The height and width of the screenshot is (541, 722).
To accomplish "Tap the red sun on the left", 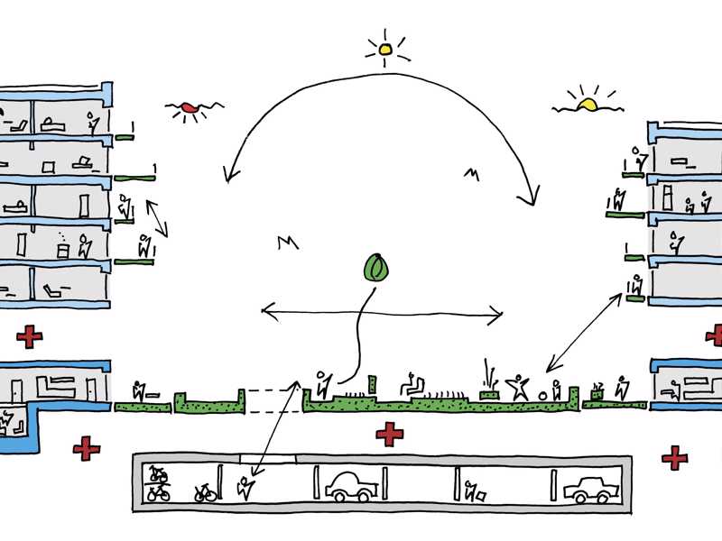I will click(x=189, y=110).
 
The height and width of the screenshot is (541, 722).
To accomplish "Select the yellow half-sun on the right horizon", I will click(x=588, y=104).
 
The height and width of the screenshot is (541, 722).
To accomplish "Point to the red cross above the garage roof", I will click(x=390, y=434).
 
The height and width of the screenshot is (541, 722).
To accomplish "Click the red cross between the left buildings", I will click(x=30, y=337).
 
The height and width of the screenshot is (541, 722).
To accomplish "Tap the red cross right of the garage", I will click(x=674, y=458).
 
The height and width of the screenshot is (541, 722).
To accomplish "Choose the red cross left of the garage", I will click(x=87, y=448).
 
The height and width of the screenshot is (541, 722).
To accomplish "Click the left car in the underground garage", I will click(x=351, y=485).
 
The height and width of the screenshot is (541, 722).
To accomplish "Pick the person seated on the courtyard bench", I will click(x=413, y=385).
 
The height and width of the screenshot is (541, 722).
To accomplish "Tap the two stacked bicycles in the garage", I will click(x=158, y=484).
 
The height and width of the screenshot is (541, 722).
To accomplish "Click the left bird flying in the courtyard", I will click(x=287, y=242).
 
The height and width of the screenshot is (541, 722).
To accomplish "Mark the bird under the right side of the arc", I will click(x=470, y=171).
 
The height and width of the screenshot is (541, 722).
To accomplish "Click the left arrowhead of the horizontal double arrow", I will click(x=264, y=311).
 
